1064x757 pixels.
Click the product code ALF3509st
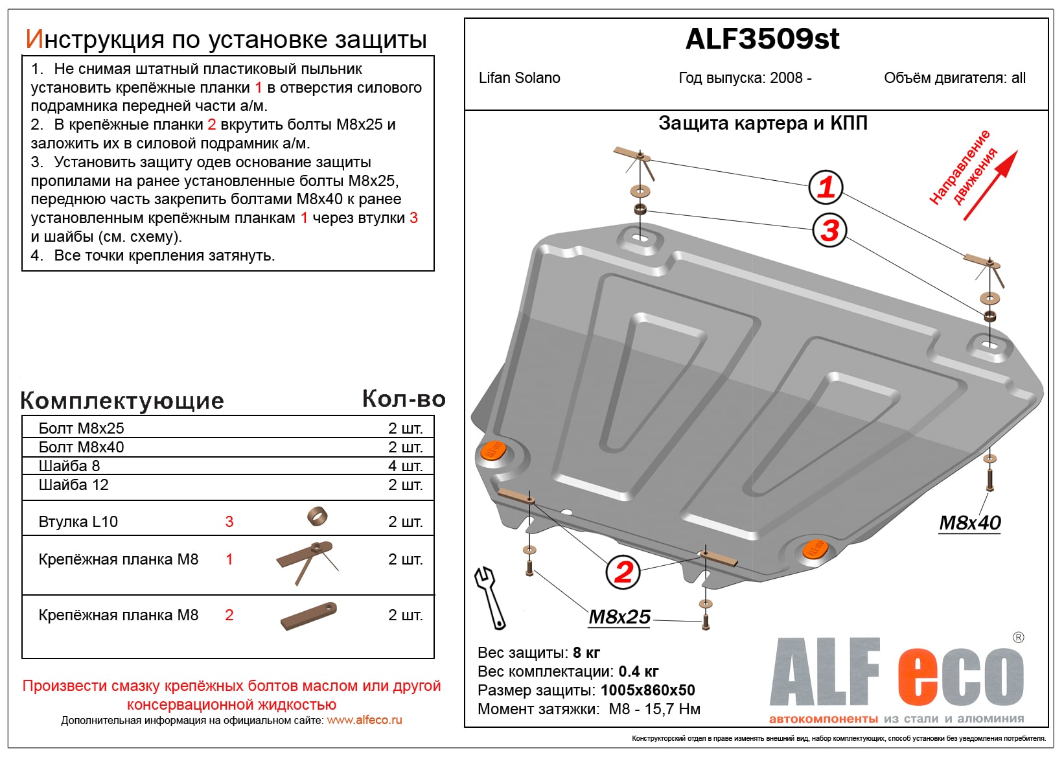pyautogui.click(x=762, y=40)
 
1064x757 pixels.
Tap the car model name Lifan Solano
pyautogui.click(x=519, y=78)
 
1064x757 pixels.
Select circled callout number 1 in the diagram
pyautogui.click(x=826, y=187)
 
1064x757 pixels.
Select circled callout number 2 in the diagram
pyautogui.click(x=623, y=572)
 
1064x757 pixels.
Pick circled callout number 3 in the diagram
pyautogui.click(x=829, y=230)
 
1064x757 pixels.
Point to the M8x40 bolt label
pyautogui.click(x=970, y=522)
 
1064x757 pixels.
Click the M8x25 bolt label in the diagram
pyautogui.click(x=619, y=617)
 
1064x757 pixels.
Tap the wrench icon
pyautogui.click(x=490, y=597)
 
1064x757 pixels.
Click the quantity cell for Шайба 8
pyautogui.click(x=405, y=466)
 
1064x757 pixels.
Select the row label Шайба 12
pyautogui.click(x=73, y=485)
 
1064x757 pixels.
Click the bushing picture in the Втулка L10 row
pyautogui.click(x=317, y=517)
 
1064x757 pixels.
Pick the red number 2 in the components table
pyautogui.click(x=229, y=615)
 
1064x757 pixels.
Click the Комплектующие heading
pyautogui.click(x=122, y=401)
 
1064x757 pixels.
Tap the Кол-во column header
pyautogui.click(x=404, y=399)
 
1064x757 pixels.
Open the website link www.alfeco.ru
pyautogui.click(x=364, y=720)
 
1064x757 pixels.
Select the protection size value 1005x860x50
pyautogui.click(x=647, y=690)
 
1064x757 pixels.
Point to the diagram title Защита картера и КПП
pyautogui.click(x=763, y=123)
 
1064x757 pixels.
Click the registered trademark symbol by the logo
pyautogui.click(x=1018, y=638)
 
